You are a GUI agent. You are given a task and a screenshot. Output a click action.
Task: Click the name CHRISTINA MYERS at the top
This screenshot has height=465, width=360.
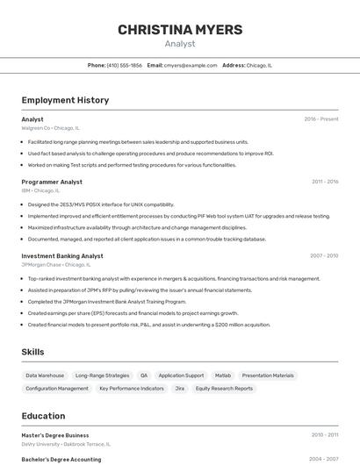coord(180,30)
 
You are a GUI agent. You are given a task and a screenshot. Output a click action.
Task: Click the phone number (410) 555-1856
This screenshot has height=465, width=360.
coord(124,65)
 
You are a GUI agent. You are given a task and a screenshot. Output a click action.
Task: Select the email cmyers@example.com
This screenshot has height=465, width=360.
coord(191,65)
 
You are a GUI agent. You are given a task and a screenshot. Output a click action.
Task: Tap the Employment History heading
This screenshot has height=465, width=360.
coord(65,100)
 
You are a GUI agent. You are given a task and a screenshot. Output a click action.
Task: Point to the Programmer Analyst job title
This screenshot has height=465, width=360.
coord(52,182)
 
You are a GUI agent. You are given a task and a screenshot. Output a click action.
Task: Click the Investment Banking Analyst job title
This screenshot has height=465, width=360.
coord(62,256)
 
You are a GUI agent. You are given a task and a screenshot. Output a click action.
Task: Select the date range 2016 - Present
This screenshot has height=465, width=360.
coord(321,119)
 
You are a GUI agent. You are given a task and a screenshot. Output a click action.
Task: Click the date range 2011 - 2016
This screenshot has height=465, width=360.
coord(325,182)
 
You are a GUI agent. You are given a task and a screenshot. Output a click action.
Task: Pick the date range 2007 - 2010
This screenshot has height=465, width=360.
coord(324,256)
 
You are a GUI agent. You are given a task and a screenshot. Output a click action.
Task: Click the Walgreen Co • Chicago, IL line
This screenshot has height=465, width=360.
coord(50,128)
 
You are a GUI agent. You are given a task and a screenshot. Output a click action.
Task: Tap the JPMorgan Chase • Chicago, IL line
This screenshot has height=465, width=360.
coord(56,264)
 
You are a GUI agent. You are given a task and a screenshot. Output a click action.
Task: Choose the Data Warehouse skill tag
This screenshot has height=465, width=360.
coord(45,376)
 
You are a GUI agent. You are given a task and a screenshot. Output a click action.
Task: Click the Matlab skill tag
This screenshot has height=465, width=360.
coord(223,376)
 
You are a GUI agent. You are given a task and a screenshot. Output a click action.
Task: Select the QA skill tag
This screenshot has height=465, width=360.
coord(144,376)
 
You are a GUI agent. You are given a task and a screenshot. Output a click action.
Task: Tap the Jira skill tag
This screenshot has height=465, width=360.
coord(179,388)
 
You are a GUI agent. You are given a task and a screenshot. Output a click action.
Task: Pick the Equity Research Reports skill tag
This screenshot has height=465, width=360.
coord(224,388)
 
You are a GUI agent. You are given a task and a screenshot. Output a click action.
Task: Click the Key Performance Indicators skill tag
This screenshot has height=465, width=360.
coord(132,388)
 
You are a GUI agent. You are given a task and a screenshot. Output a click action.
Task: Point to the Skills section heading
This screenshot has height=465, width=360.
coord(33,352)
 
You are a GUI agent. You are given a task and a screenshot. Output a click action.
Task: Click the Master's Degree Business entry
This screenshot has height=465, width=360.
coord(55,435)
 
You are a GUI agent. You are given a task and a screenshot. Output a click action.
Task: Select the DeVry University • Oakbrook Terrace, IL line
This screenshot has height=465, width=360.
coord(66,444)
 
